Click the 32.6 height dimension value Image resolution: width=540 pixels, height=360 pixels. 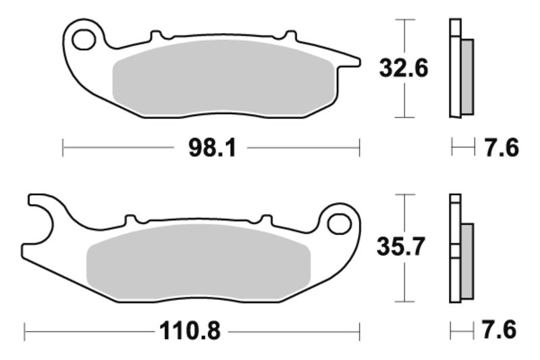click(404, 68)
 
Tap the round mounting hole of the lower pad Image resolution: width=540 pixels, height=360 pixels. click(342, 222)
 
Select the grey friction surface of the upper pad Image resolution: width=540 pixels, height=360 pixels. click(223, 78)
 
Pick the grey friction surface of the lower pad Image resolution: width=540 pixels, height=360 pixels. click(199, 261)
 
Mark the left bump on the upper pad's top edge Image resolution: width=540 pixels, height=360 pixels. click(155, 34)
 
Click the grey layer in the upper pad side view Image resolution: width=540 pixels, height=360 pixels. click(466, 76)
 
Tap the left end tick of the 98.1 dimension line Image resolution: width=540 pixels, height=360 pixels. click(63, 148)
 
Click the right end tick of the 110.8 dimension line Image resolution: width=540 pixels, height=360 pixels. click(359, 332)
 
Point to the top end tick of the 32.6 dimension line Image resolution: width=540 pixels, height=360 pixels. click(404, 20)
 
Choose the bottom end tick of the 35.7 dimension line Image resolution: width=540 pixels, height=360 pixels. click(404, 301)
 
